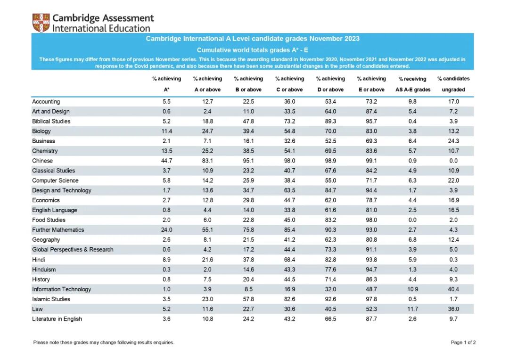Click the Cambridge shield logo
41,23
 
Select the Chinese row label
42,161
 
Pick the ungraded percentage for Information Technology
453,289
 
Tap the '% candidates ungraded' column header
453,84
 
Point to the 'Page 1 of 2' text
463,343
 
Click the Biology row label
41,131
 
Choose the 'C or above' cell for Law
289,309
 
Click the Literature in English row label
57,319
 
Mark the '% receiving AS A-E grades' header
412,84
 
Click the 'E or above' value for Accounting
371,101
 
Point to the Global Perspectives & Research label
73,250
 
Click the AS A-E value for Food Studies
412,220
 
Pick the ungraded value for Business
453,141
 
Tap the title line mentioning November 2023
253,39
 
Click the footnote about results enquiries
104,343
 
